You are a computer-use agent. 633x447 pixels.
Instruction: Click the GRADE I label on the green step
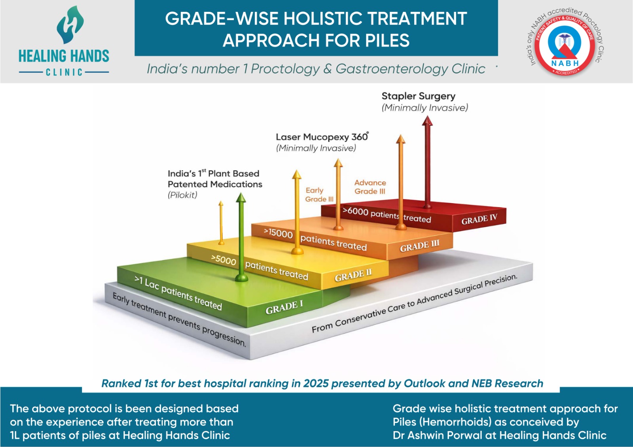(284, 307)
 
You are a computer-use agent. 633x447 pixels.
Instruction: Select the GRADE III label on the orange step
(419, 246)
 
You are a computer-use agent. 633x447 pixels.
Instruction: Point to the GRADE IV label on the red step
(479, 219)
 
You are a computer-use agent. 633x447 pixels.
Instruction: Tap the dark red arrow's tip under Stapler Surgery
(427, 118)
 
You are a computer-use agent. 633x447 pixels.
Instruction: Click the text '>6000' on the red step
(355, 211)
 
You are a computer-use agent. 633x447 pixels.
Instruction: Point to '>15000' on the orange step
(278, 233)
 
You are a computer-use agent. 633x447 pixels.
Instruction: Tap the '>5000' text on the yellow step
(224, 260)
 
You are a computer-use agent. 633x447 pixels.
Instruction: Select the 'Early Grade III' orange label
(319, 195)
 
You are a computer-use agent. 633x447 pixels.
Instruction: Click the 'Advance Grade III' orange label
(370, 187)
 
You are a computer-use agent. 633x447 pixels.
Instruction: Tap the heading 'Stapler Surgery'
(418, 96)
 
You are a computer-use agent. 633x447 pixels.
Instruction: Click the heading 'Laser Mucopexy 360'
(321, 137)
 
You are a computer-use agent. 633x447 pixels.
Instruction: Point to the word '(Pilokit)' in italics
(182, 195)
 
